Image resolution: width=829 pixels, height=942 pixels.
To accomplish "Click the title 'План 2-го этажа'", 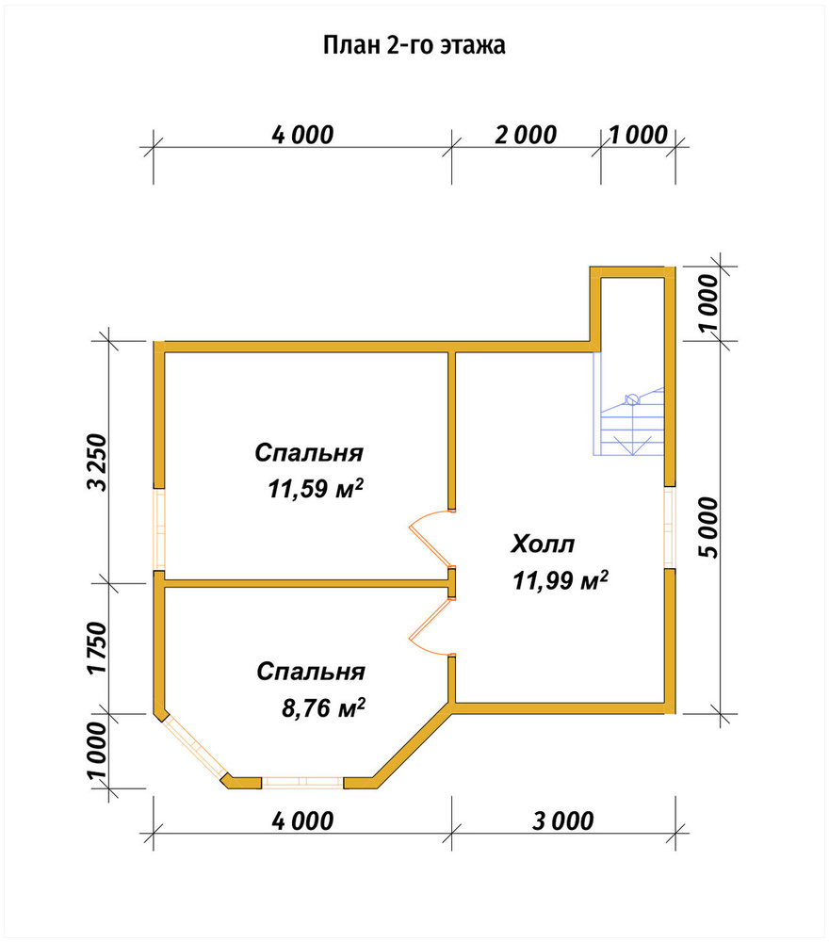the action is [414, 45].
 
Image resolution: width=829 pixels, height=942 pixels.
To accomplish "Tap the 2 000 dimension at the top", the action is [527, 135].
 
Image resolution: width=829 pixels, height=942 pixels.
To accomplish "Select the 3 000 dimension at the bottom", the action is [563, 821].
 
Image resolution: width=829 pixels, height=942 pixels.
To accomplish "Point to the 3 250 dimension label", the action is [97, 462].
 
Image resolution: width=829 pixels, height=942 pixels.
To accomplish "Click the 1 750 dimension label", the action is [97, 648].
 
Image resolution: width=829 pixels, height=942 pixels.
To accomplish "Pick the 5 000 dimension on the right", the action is [708, 528].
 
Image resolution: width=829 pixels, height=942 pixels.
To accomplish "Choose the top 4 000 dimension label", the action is [302, 135].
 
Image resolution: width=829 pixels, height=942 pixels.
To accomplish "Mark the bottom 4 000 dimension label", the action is [302, 821].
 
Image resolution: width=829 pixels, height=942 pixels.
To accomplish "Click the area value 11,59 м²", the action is [316, 489].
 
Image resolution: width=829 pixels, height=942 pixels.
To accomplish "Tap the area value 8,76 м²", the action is [323, 708].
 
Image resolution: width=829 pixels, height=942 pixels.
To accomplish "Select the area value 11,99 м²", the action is [560, 580].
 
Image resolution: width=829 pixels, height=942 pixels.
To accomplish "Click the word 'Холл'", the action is [543, 544].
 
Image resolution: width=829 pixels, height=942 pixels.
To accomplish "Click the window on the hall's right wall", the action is [670, 527].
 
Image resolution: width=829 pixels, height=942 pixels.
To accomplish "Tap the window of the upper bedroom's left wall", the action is [159, 529].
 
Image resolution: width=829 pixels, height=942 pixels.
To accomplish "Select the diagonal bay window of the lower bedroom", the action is [195, 746].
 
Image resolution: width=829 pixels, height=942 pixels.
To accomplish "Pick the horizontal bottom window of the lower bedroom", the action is [302, 782].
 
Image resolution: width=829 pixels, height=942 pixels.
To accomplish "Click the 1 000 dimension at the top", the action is [639, 135].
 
